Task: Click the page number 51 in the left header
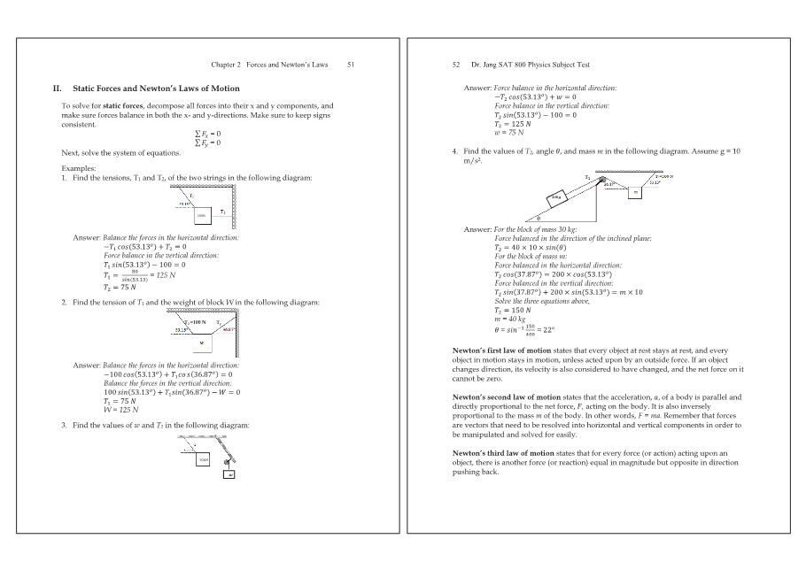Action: pyautogui.click(x=351, y=65)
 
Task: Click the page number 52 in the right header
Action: pyautogui.click(x=456, y=65)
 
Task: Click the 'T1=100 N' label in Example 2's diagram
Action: pyautogui.click(x=194, y=321)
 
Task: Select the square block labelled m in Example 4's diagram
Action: pyautogui.click(x=636, y=192)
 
